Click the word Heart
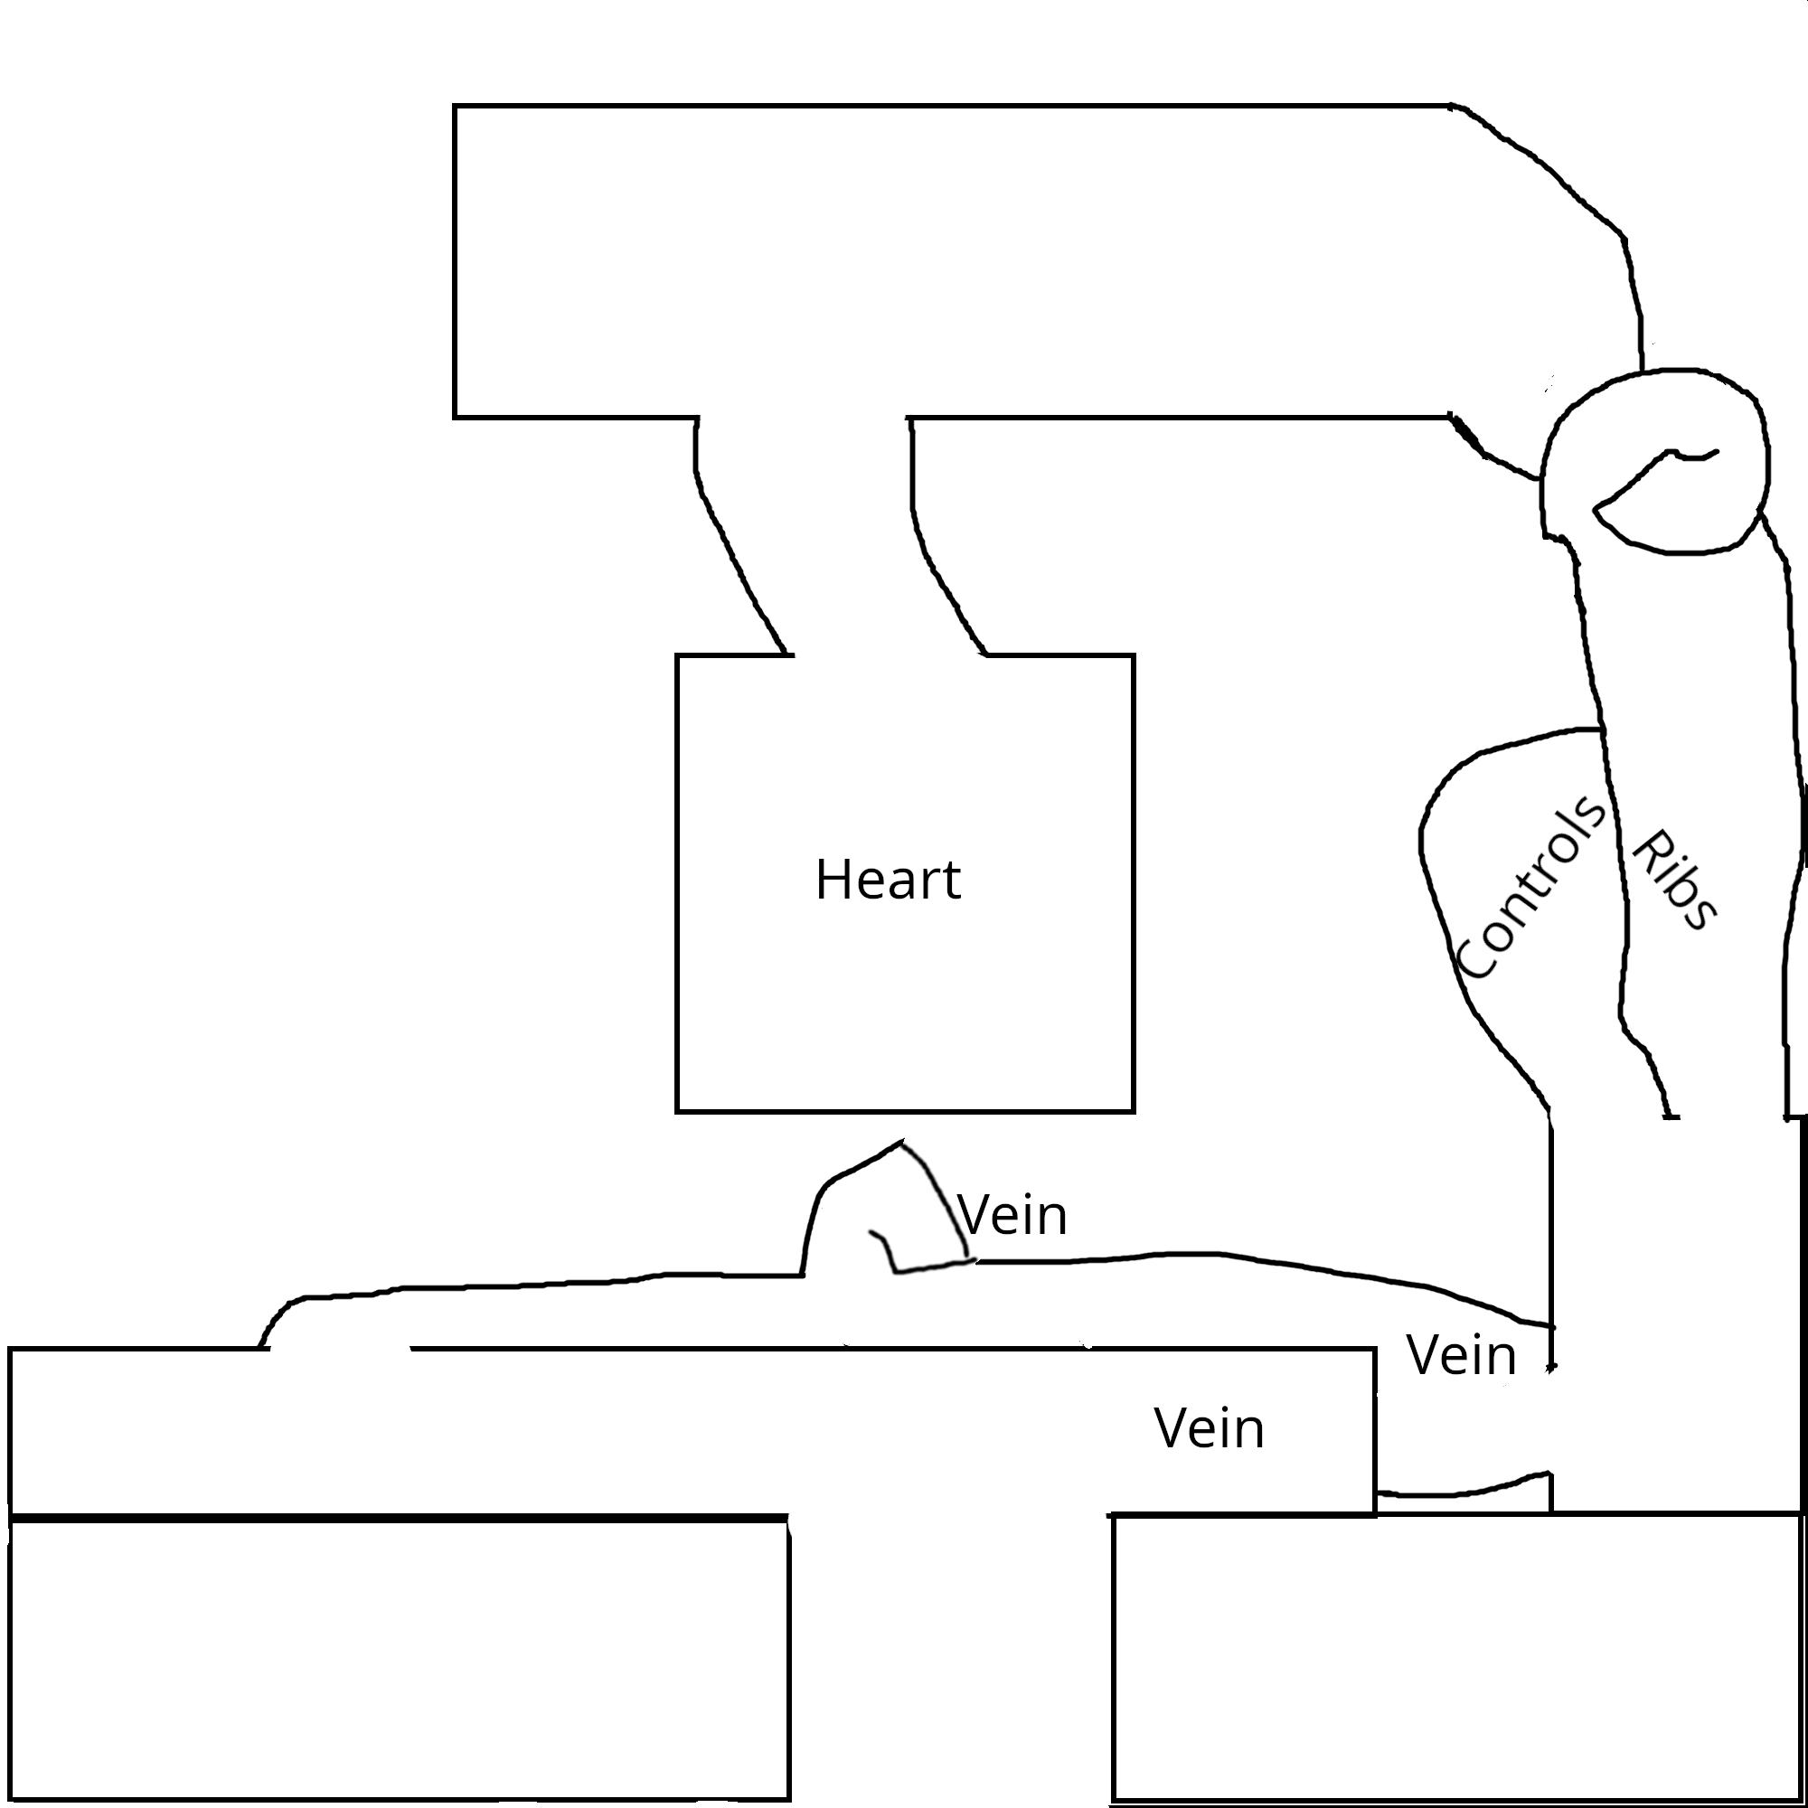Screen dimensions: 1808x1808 pyautogui.click(x=887, y=880)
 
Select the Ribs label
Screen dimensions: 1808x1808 pyautogui.click(x=1676, y=880)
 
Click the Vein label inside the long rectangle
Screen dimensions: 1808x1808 pyautogui.click(x=1209, y=1429)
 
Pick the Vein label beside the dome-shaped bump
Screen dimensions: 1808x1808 pyautogui.click(x=1012, y=1217)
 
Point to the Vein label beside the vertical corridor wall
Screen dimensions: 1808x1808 pyautogui.click(x=1461, y=1355)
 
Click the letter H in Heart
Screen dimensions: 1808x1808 pyautogui.click(x=830, y=880)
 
